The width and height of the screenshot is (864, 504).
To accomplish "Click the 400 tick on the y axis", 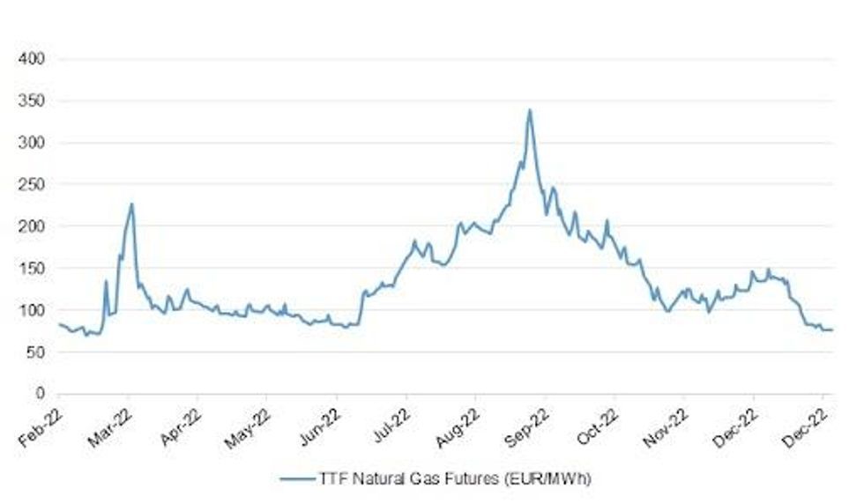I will click(34, 59).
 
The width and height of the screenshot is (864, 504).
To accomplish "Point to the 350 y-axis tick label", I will click(34, 101).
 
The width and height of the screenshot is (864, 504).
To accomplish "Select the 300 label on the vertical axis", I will click(34, 143).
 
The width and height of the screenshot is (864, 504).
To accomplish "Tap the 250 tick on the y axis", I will click(34, 184).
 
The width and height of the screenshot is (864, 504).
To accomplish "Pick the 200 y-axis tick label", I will click(34, 226).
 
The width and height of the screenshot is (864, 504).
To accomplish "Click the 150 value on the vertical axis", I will click(34, 268).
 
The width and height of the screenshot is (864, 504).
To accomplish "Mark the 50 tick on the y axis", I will click(37, 352).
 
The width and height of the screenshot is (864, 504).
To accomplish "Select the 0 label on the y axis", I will click(41, 393).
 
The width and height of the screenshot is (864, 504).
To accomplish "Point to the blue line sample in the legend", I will click(296, 478).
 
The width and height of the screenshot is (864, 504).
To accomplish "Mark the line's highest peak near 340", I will click(529, 110).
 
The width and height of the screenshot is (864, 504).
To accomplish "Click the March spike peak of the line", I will click(131, 204).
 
